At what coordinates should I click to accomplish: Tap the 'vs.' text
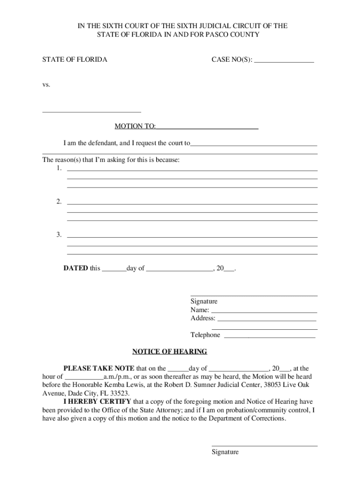[46, 85]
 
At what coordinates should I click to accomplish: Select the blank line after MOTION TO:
[208, 128]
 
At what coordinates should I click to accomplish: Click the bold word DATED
[76, 269]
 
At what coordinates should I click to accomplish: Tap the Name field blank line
[264, 312]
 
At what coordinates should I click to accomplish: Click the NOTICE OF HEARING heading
[169, 352]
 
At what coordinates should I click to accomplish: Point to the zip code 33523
[120, 393]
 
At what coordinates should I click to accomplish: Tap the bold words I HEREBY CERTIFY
[97, 402]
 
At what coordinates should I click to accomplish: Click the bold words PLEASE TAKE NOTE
[99, 369]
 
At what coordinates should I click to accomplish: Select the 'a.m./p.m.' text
[118, 377]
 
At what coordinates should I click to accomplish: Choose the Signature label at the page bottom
[225, 452]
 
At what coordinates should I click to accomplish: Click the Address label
[203, 319]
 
